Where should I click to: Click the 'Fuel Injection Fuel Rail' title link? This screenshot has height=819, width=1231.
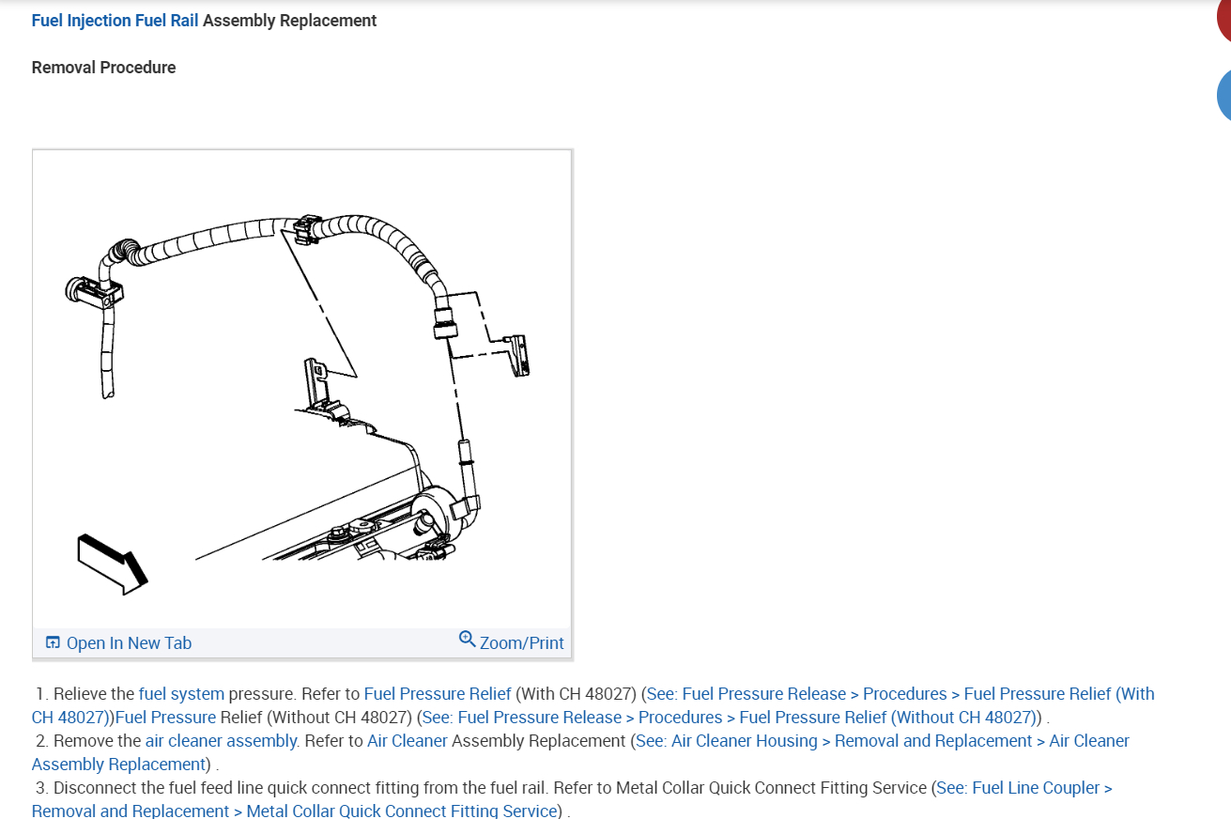pos(115,21)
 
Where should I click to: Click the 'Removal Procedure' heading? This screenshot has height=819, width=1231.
pos(103,68)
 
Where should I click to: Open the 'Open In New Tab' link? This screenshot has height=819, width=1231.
pos(129,643)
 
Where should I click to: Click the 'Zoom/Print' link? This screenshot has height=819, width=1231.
pos(521,643)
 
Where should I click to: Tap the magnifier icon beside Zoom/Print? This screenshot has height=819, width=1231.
pos(467,640)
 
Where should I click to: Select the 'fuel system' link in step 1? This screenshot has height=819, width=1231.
pos(181,694)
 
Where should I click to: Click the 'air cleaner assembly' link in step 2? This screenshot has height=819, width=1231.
pos(222,741)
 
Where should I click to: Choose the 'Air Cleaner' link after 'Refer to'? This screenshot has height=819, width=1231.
pos(408,741)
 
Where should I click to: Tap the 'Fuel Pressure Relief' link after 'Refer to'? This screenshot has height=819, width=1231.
pos(438,694)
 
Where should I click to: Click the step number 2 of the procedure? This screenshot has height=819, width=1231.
pos(41,741)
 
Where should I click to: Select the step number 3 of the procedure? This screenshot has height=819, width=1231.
pos(41,788)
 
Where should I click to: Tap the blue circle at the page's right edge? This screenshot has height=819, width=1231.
pos(1224,95)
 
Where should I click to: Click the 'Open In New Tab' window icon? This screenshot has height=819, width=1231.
pos(53,643)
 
